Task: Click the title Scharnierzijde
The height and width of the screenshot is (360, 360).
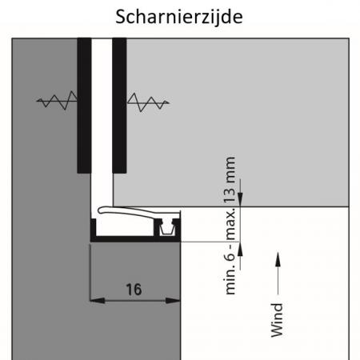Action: coord(179,17)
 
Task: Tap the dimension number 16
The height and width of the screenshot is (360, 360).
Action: coord(134,290)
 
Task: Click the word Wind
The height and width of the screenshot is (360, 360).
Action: coord(277,320)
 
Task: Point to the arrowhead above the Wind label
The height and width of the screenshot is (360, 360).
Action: coord(278,259)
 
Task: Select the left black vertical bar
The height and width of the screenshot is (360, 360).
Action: coord(84,106)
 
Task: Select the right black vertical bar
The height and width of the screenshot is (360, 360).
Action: coord(119,106)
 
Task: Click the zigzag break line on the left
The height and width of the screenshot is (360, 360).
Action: coord(57,100)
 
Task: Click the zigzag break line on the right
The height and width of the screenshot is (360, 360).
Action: coord(148,102)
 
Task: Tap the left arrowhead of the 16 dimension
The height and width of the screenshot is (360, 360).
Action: coord(97,301)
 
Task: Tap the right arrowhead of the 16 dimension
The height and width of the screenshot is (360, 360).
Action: coord(173,301)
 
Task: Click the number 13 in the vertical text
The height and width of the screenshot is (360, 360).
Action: coord(230,196)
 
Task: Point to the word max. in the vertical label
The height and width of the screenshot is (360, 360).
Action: coord(230,223)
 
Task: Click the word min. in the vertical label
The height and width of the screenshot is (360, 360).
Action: coord(230,282)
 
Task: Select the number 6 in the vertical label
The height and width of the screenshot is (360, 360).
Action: coord(230,256)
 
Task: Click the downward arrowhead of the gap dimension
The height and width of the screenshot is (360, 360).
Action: coord(240,199)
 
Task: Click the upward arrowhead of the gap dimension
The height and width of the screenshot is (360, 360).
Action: coord(240,249)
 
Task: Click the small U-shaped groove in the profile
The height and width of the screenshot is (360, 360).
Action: coord(167,229)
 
